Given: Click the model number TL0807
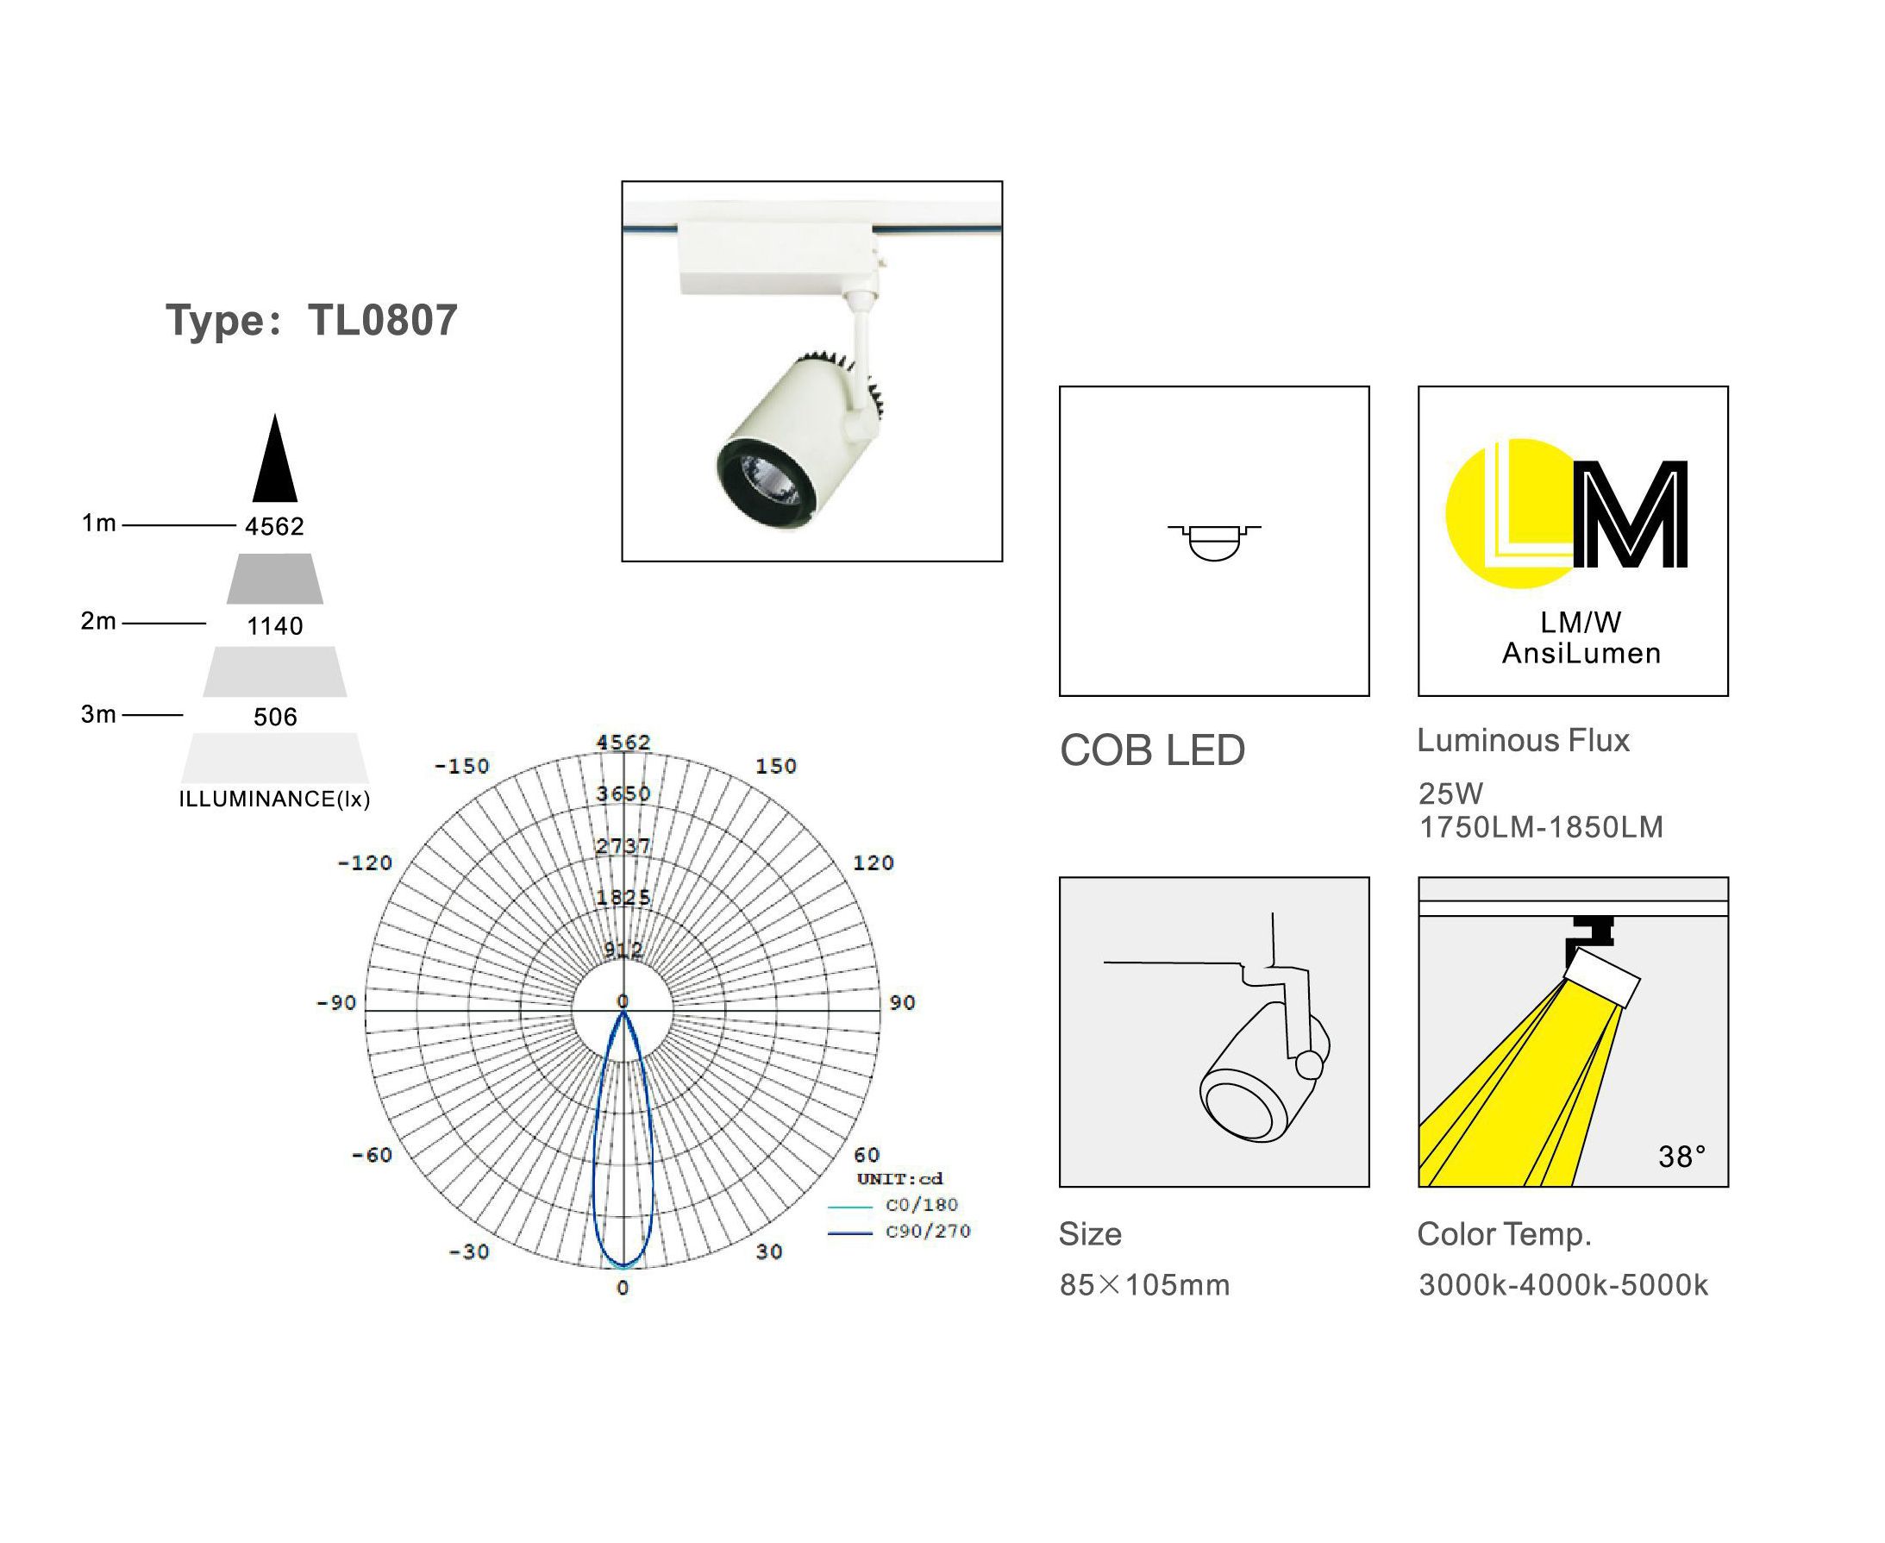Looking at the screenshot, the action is (382, 320).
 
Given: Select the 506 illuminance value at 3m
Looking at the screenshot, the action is (274, 718).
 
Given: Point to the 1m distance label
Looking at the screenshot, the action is (98, 524).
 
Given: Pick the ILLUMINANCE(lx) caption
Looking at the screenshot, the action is (274, 799).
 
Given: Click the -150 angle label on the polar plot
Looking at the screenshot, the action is (462, 766).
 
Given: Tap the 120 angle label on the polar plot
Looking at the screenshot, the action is (874, 862).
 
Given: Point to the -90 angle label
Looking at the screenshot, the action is (337, 1002).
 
